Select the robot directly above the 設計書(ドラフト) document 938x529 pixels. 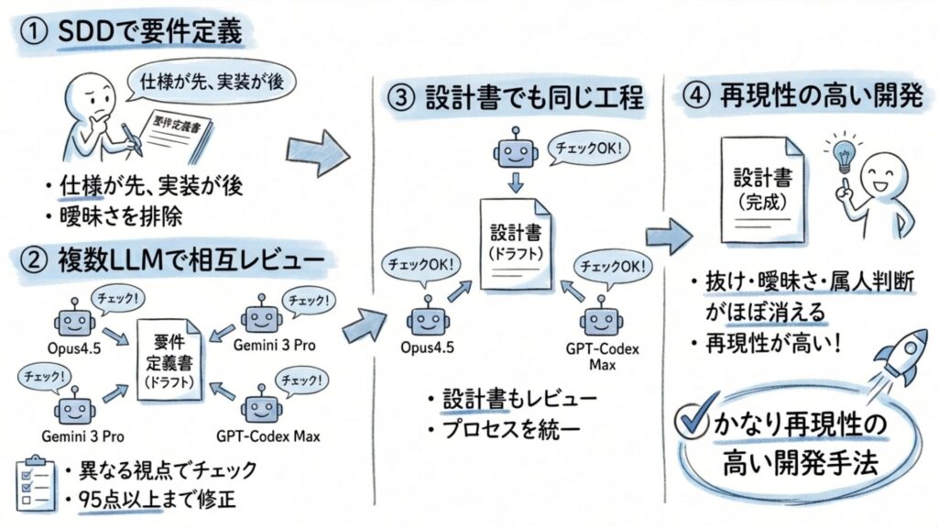tap(515, 152)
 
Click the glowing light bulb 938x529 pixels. tap(840, 149)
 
